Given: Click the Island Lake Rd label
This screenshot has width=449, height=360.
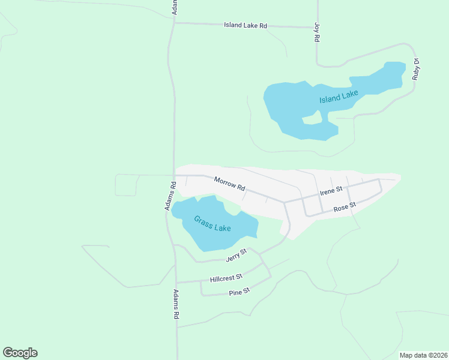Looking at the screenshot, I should click(x=245, y=25).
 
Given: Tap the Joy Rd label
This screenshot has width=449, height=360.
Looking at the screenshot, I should click(x=316, y=32).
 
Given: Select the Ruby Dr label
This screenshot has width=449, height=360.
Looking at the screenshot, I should click(x=415, y=69).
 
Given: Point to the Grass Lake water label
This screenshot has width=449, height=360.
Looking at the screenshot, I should click(x=212, y=224).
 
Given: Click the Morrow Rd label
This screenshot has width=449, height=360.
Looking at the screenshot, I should click(x=230, y=183).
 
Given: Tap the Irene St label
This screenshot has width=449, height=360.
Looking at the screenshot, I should click(x=331, y=191).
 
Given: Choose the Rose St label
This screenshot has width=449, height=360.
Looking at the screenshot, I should click(x=345, y=207).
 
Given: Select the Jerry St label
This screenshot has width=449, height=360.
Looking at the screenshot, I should click(x=236, y=256).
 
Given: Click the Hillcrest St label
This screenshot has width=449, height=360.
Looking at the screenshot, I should click(x=226, y=278).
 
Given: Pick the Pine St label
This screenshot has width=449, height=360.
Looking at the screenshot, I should click(x=239, y=292).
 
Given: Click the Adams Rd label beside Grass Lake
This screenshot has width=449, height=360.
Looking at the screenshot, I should click(x=170, y=196).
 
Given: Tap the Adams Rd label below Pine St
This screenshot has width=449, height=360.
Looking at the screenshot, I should click(x=176, y=304).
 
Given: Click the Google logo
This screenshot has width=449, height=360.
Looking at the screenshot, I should click(x=20, y=353).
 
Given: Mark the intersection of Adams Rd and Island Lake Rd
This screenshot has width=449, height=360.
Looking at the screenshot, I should click(x=174, y=23).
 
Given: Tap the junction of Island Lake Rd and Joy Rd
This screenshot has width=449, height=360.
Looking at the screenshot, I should click(x=317, y=27).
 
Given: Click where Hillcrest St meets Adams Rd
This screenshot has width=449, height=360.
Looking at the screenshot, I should click(x=176, y=282).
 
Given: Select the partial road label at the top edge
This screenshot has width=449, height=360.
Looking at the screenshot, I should click(x=175, y=7).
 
